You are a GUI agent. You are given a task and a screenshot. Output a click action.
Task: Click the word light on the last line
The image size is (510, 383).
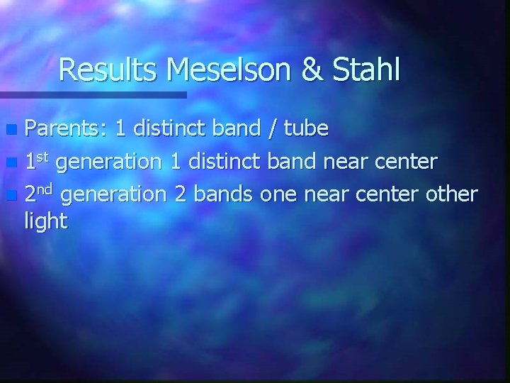[x=46, y=222]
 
